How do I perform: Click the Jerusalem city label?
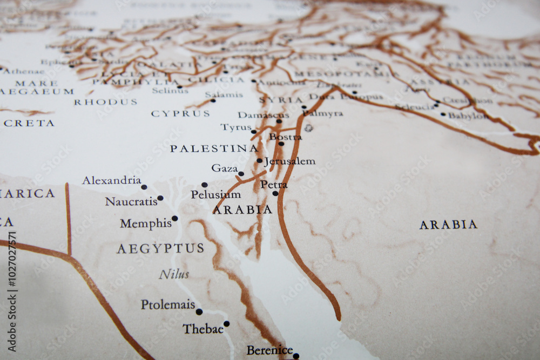(x=290, y=161)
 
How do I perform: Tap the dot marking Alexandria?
(x=144, y=187)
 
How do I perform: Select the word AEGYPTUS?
(x=160, y=248)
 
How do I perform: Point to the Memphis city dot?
(x=174, y=219)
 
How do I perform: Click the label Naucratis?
(x=131, y=202)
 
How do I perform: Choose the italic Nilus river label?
(x=174, y=275)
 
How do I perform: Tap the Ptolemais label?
(x=168, y=305)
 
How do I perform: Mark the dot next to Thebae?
(x=226, y=324)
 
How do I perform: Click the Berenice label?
(x=269, y=350)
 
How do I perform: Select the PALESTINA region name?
(x=214, y=148)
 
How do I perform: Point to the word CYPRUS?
(x=180, y=114)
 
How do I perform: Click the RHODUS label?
(x=105, y=102)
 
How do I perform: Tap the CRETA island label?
(x=29, y=123)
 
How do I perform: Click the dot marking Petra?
(x=275, y=193)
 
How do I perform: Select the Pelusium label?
(x=215, y=194)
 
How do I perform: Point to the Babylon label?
(x=468, y=116)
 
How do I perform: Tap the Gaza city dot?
(x=241, y=174)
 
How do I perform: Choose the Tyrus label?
(x=236, y=127)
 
